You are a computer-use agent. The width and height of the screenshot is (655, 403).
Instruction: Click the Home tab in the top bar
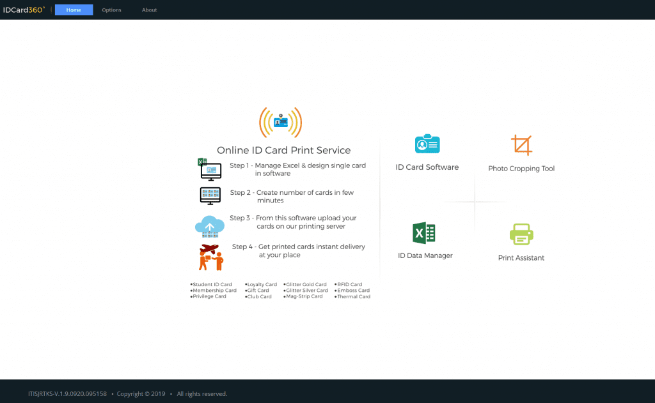pos(74,10)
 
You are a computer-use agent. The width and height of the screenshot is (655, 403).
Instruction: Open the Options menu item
pos(111,10)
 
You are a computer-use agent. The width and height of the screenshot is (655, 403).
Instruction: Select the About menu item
pos(149,10)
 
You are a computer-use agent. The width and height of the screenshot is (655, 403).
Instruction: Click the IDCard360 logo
pos(24,10)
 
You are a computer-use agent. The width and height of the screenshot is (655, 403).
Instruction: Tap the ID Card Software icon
pos(427,144)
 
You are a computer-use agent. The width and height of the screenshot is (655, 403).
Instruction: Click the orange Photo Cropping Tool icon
pos(521,145)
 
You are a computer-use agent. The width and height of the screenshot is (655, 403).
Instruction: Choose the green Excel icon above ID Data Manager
pos(423,233)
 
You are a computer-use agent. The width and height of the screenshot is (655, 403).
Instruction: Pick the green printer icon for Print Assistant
pos(521,234)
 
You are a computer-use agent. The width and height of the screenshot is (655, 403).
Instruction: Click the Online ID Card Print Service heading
pos(283,151)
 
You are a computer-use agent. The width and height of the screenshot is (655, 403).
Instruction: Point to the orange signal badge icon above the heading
pos(280,122)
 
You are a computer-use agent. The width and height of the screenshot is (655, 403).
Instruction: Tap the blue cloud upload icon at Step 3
pos(210,225)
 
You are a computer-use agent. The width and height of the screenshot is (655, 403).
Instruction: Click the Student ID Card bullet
pos(212,285)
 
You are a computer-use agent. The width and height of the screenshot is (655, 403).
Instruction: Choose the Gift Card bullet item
pos(258,291)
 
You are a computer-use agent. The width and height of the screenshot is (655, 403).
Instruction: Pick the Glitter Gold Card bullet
pos(306,285)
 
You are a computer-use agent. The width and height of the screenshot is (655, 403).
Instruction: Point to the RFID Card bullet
pos(349,285)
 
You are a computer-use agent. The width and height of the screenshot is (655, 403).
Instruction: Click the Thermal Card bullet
pos(353,297)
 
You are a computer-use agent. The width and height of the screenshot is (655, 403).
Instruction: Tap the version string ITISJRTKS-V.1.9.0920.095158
pos(67,393)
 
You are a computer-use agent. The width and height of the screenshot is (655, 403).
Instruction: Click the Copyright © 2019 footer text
pos(141,393)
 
